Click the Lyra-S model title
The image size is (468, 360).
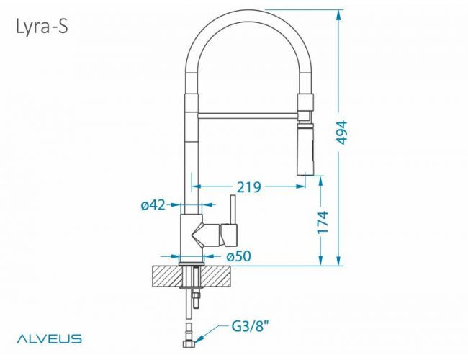click(x=42, y=27)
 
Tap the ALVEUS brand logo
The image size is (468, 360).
click(x=49, y=339)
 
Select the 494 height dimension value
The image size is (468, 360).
click(x=341, y=132)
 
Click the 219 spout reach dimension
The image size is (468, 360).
click(x=249, y=187)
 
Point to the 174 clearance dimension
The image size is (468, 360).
click(x=323, y=222)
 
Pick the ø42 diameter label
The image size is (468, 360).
click(x=153, y=205)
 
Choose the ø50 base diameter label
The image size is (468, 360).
click(x=239, y=256)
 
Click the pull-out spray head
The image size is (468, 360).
click(x=305, y=148)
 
